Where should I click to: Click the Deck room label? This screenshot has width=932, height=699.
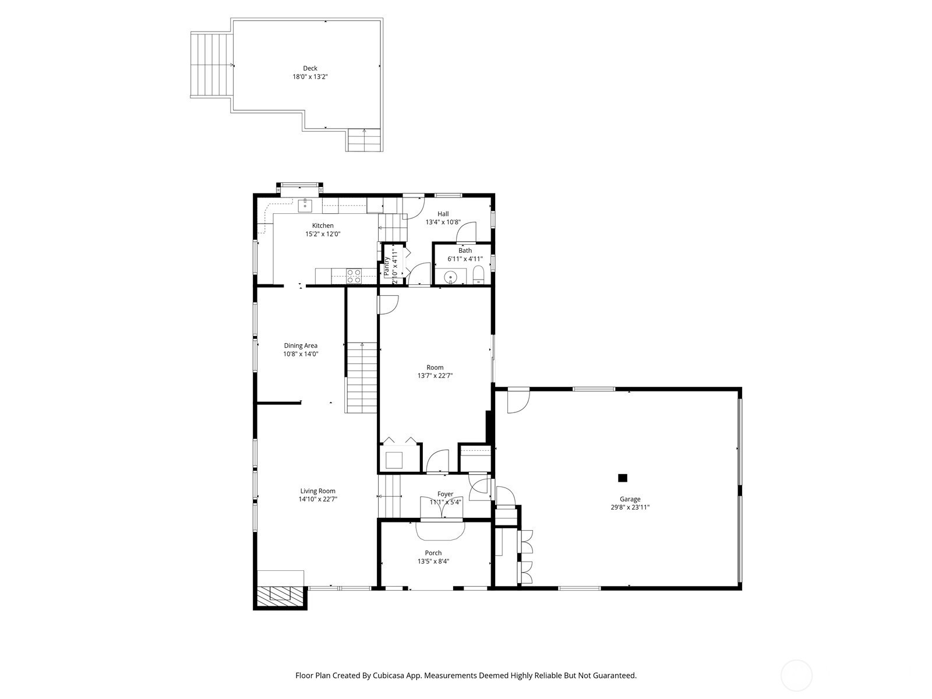tap(310, 68)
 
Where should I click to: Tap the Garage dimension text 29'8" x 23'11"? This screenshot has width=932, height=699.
tap(630, 507)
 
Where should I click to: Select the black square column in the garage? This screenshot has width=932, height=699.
tap(623, 478)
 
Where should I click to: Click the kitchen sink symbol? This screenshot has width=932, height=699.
tap(305, 206)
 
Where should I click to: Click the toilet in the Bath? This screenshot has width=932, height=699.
tap(479, 275)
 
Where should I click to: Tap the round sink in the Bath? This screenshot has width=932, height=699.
tap(450, 278)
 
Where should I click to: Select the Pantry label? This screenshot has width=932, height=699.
tap(387, 266)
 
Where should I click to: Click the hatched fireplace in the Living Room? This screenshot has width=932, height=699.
tap(280, 596)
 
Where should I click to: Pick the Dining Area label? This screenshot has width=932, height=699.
tap(301, 345)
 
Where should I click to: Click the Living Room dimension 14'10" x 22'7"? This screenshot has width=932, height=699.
tap(317, 499)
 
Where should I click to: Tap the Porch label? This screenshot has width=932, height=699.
tap(433, 553)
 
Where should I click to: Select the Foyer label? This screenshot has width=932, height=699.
tap(445, 494)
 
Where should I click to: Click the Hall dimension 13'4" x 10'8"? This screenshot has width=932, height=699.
tap(443, 222)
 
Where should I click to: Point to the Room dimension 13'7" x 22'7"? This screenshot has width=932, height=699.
tap(435, 376)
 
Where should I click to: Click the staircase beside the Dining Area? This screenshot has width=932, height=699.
tap(361, 377)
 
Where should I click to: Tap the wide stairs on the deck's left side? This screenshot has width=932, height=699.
tap(211, 65)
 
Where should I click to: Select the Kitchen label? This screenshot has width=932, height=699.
tap(323, 225)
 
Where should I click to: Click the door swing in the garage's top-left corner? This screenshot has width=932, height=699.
tap(518, 401)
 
